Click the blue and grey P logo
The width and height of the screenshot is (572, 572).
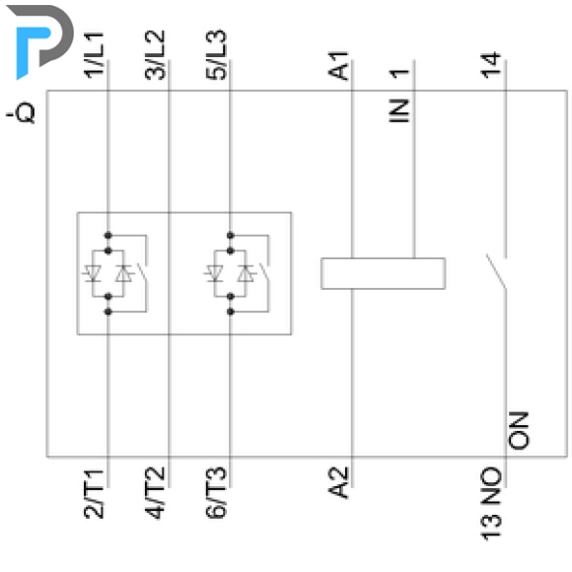point(40,40)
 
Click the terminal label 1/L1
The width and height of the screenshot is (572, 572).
point(95,54)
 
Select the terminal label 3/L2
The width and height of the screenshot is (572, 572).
point(156,54)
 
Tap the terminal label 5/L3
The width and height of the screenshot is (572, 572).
point(216,54)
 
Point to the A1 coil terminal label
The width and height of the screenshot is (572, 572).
point(339,66)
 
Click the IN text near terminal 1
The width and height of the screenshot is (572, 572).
point(398,110)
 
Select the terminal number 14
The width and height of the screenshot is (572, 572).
point(491,66)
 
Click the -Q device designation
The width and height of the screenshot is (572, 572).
point(21,113)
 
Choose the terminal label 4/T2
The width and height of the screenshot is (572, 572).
point(156,493)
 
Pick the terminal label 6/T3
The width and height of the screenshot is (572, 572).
point(216,492)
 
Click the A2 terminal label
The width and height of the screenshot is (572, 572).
point(339,483)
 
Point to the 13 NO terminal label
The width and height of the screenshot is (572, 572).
point(491,503)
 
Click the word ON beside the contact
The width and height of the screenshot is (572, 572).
point(519,430)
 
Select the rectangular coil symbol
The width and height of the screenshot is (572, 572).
point(383,273)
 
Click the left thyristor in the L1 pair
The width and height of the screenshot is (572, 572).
point(92,273)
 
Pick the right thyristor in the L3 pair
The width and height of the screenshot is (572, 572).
point(246,273)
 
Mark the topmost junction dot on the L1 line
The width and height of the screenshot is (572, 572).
point(107,236)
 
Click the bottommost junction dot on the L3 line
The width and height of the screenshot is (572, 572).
point(230,312)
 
